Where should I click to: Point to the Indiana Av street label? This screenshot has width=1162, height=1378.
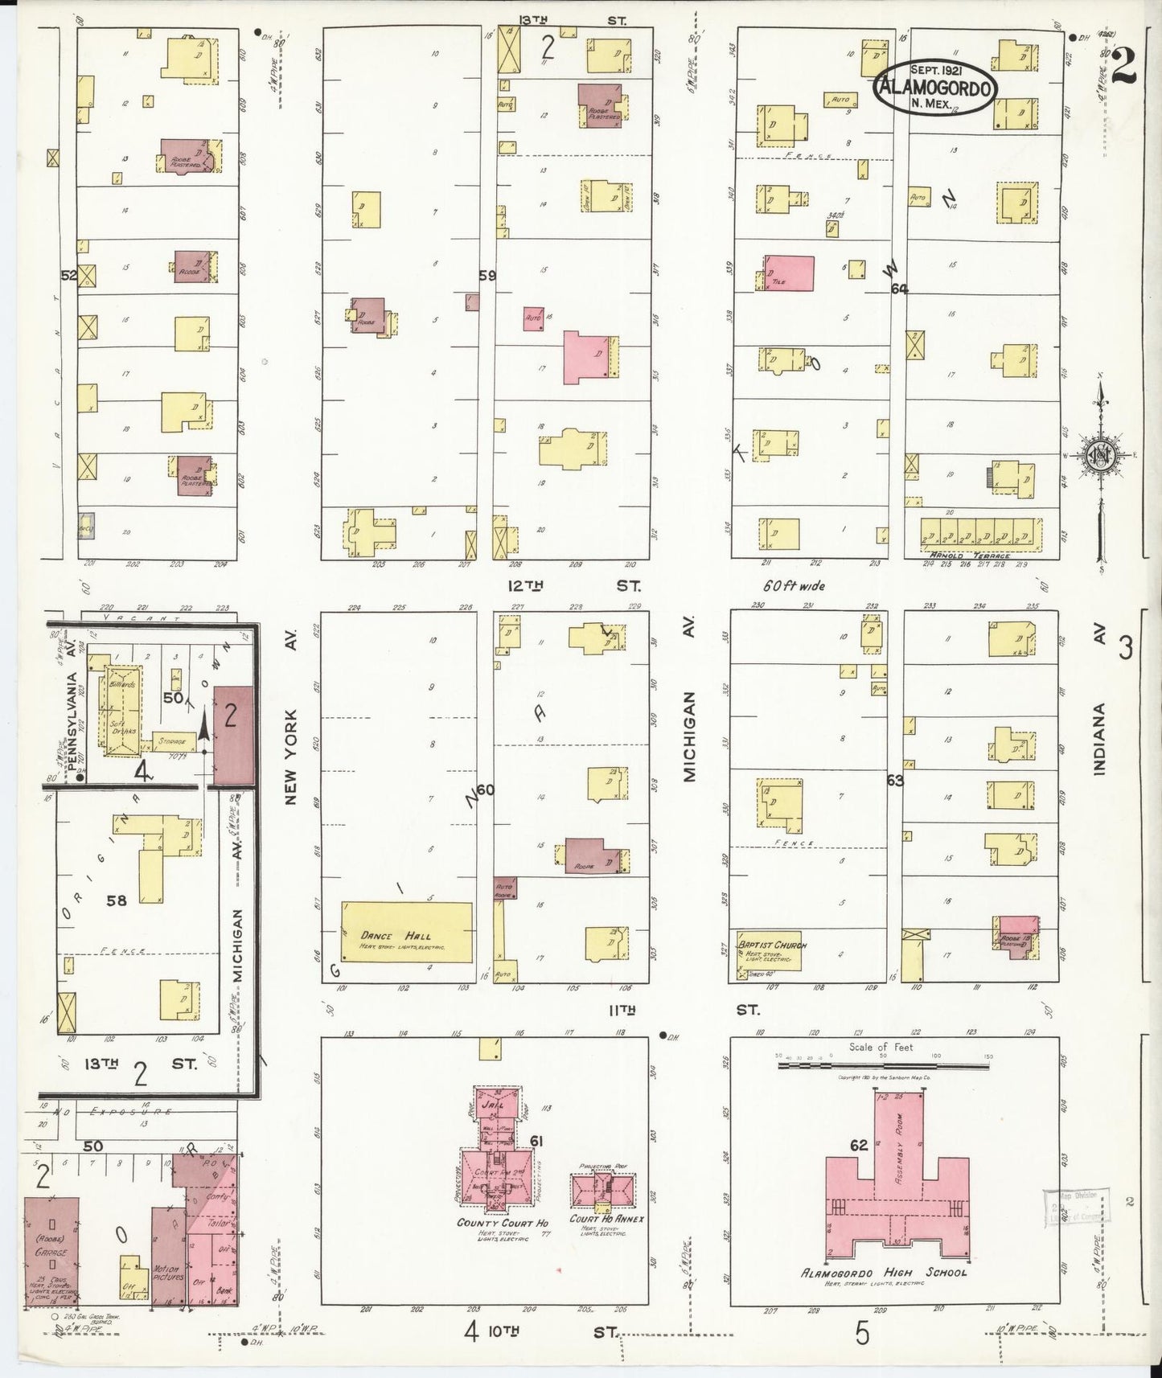click(x=1099, y=738)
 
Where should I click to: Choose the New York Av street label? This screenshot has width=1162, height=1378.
click(x=290, y=748)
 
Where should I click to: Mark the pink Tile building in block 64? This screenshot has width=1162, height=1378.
click(x=788, y=273)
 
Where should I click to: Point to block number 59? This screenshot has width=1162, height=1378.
click(x=487, y=275)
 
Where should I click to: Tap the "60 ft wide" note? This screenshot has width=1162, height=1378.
click(x=794, y=586)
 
